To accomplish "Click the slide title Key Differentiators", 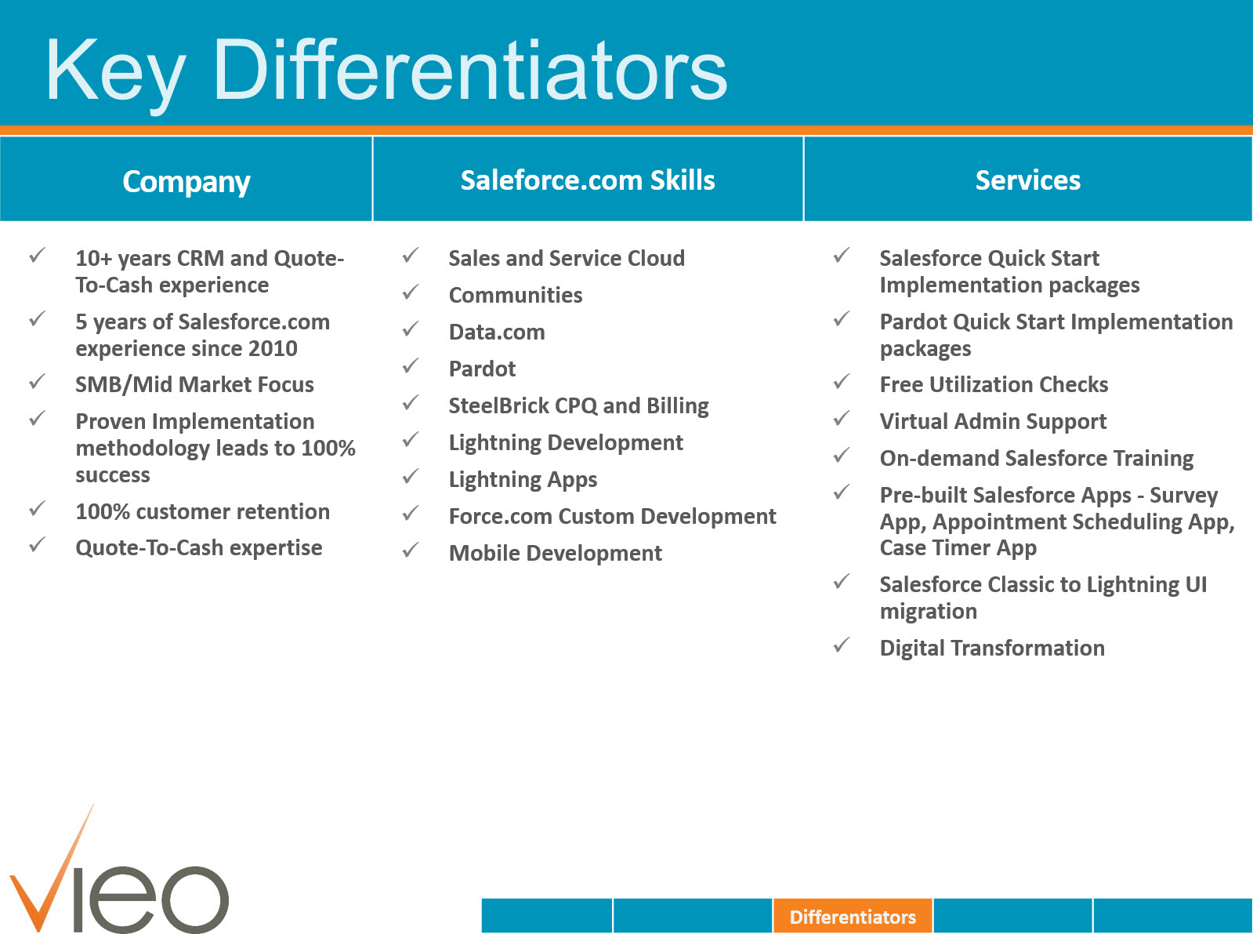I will click(386, 71).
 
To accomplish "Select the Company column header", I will click(187, 181).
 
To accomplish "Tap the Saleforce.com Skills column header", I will click(588, 180).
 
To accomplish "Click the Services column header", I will click(1027, 180).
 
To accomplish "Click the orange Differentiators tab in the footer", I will click(853, 916).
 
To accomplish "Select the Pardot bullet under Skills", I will click(482, 369).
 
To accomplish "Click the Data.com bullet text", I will click(497, 332).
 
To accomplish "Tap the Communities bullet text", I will click(516, 295).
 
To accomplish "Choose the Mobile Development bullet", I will click(555, 553).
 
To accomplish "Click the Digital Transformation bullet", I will click(992, 648).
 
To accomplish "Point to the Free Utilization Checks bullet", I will click(994, 384).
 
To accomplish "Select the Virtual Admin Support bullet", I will click(993, 421).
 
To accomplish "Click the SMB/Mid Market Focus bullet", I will click(194, 384).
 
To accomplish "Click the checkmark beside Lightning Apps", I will click(411, 477).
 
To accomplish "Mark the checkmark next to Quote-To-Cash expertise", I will click(37, 545).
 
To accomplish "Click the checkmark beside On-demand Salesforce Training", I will click(842, 456).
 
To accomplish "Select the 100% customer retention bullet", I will click(202, 511).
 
